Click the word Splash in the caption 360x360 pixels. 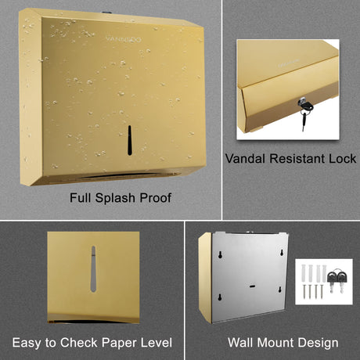(x=115, y=198)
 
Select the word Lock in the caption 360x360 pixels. (x=342, y=158)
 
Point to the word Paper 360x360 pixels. (x=119, y=343)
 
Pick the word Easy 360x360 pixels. (x=27, y=343)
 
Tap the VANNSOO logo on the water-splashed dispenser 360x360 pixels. (x=124, y=39)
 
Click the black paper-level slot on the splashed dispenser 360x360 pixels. (x=130, y=140)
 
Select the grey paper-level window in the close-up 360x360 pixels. (x=93, y=269)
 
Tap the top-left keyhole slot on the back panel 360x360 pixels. (x=220, y=254)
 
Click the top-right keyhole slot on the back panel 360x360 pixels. (x=282, y=252)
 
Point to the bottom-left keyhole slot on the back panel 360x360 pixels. (x=220, y=297)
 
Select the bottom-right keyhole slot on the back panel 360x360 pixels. (x=280, y=290)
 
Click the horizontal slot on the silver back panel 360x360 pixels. (x=252, y=286)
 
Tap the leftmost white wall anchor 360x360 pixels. (x=304, y=273)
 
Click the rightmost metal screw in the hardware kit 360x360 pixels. (x=322, y=291)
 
